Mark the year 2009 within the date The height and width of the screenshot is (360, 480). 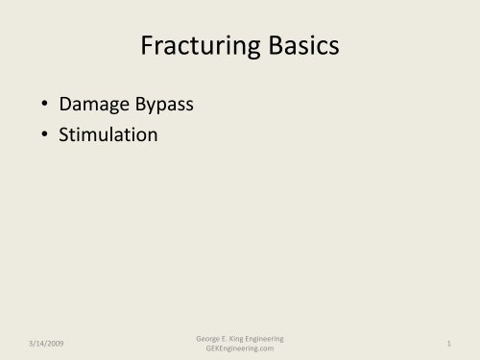[x=45, y=342]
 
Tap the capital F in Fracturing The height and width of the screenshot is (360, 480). [x=146, y=45]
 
